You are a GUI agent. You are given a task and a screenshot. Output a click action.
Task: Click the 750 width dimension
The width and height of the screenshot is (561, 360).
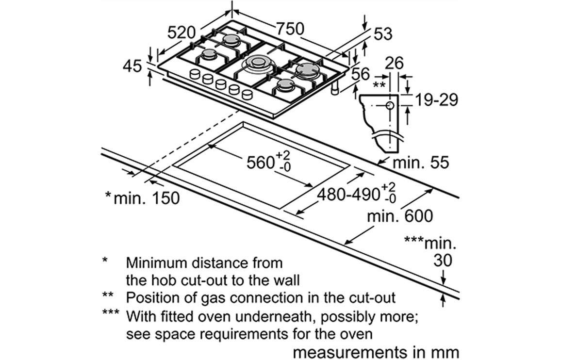pos(290,29)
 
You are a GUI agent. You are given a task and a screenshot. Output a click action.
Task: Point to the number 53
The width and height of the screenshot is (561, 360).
pos(383,34)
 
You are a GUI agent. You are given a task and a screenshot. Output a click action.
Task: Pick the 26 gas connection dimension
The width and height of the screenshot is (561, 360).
pos(394,63)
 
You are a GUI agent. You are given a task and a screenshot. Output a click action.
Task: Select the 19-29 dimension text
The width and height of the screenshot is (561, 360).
pos(436,99)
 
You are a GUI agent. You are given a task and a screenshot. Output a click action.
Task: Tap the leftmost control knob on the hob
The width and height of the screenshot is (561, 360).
pos(195,74)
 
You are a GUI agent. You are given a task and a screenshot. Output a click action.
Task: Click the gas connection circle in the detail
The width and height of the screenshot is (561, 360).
pos(390,106)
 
